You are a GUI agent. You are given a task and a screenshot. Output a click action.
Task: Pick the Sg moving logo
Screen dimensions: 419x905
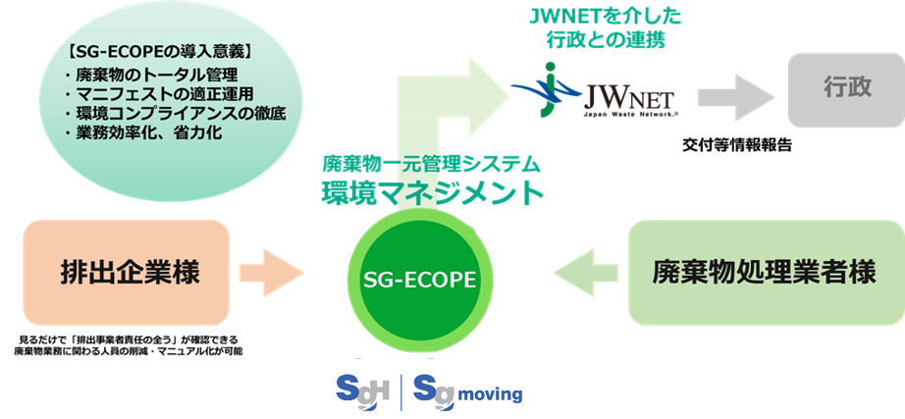point(467,391)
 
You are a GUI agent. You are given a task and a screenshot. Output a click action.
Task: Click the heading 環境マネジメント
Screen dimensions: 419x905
point(432,192)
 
